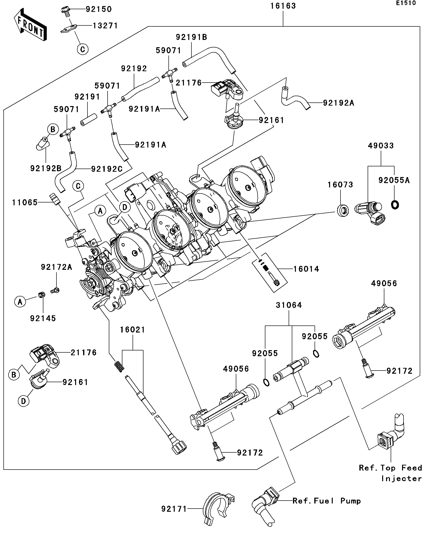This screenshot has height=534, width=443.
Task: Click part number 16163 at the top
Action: point(283,6)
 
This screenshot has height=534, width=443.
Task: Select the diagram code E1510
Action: point(406,3)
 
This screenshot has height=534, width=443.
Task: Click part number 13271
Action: point(105,26)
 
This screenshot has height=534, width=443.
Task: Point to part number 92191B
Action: point(191,37)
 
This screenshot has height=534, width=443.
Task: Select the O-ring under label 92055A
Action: point(394,205)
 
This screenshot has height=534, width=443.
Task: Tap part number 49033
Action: point(381,146)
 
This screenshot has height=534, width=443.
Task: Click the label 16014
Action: point(306,269)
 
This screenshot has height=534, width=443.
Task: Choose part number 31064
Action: point(289,305)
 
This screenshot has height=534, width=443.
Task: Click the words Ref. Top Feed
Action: point(390,468)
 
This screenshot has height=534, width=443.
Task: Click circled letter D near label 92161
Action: point(24,401)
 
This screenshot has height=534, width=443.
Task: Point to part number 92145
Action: point(43,318)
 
